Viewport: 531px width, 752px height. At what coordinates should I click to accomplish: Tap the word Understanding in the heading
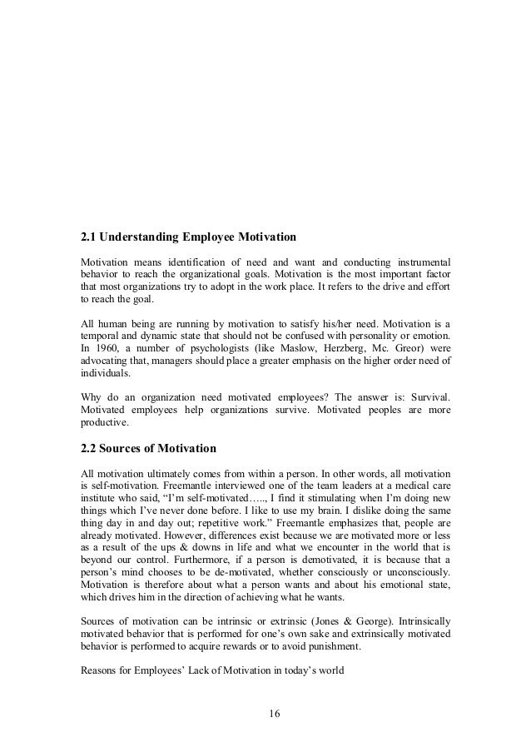(x=144, y=236)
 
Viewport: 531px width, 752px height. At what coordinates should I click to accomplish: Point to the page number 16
(x=265, y=712)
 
